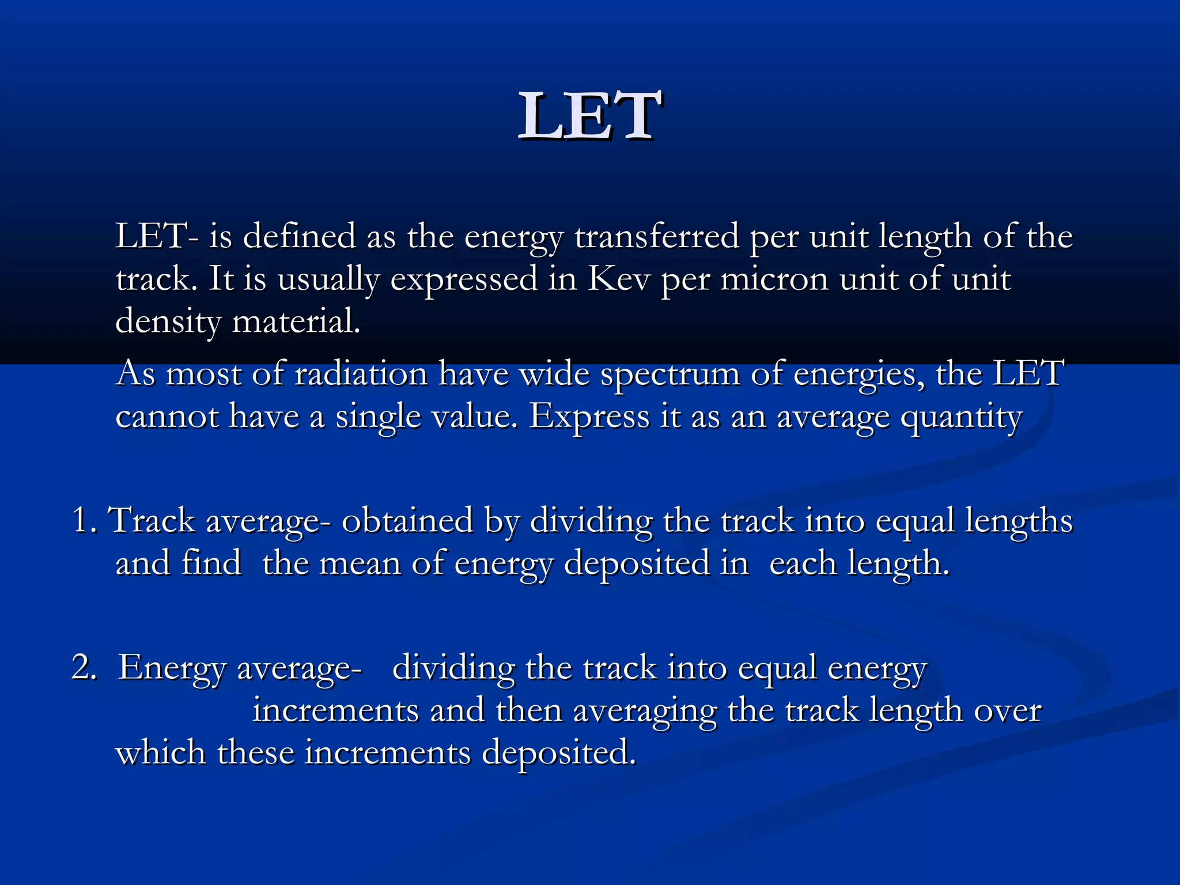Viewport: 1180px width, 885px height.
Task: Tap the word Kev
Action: [618, 279]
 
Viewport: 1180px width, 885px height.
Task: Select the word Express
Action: [589, 416]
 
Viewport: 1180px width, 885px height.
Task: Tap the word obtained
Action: [407, 520]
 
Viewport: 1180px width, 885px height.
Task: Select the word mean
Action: [360, 563]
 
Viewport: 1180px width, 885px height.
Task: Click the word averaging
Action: [645, 711]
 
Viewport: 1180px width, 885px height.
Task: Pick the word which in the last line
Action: [160, 752]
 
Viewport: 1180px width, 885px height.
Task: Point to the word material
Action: [296, 322]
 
